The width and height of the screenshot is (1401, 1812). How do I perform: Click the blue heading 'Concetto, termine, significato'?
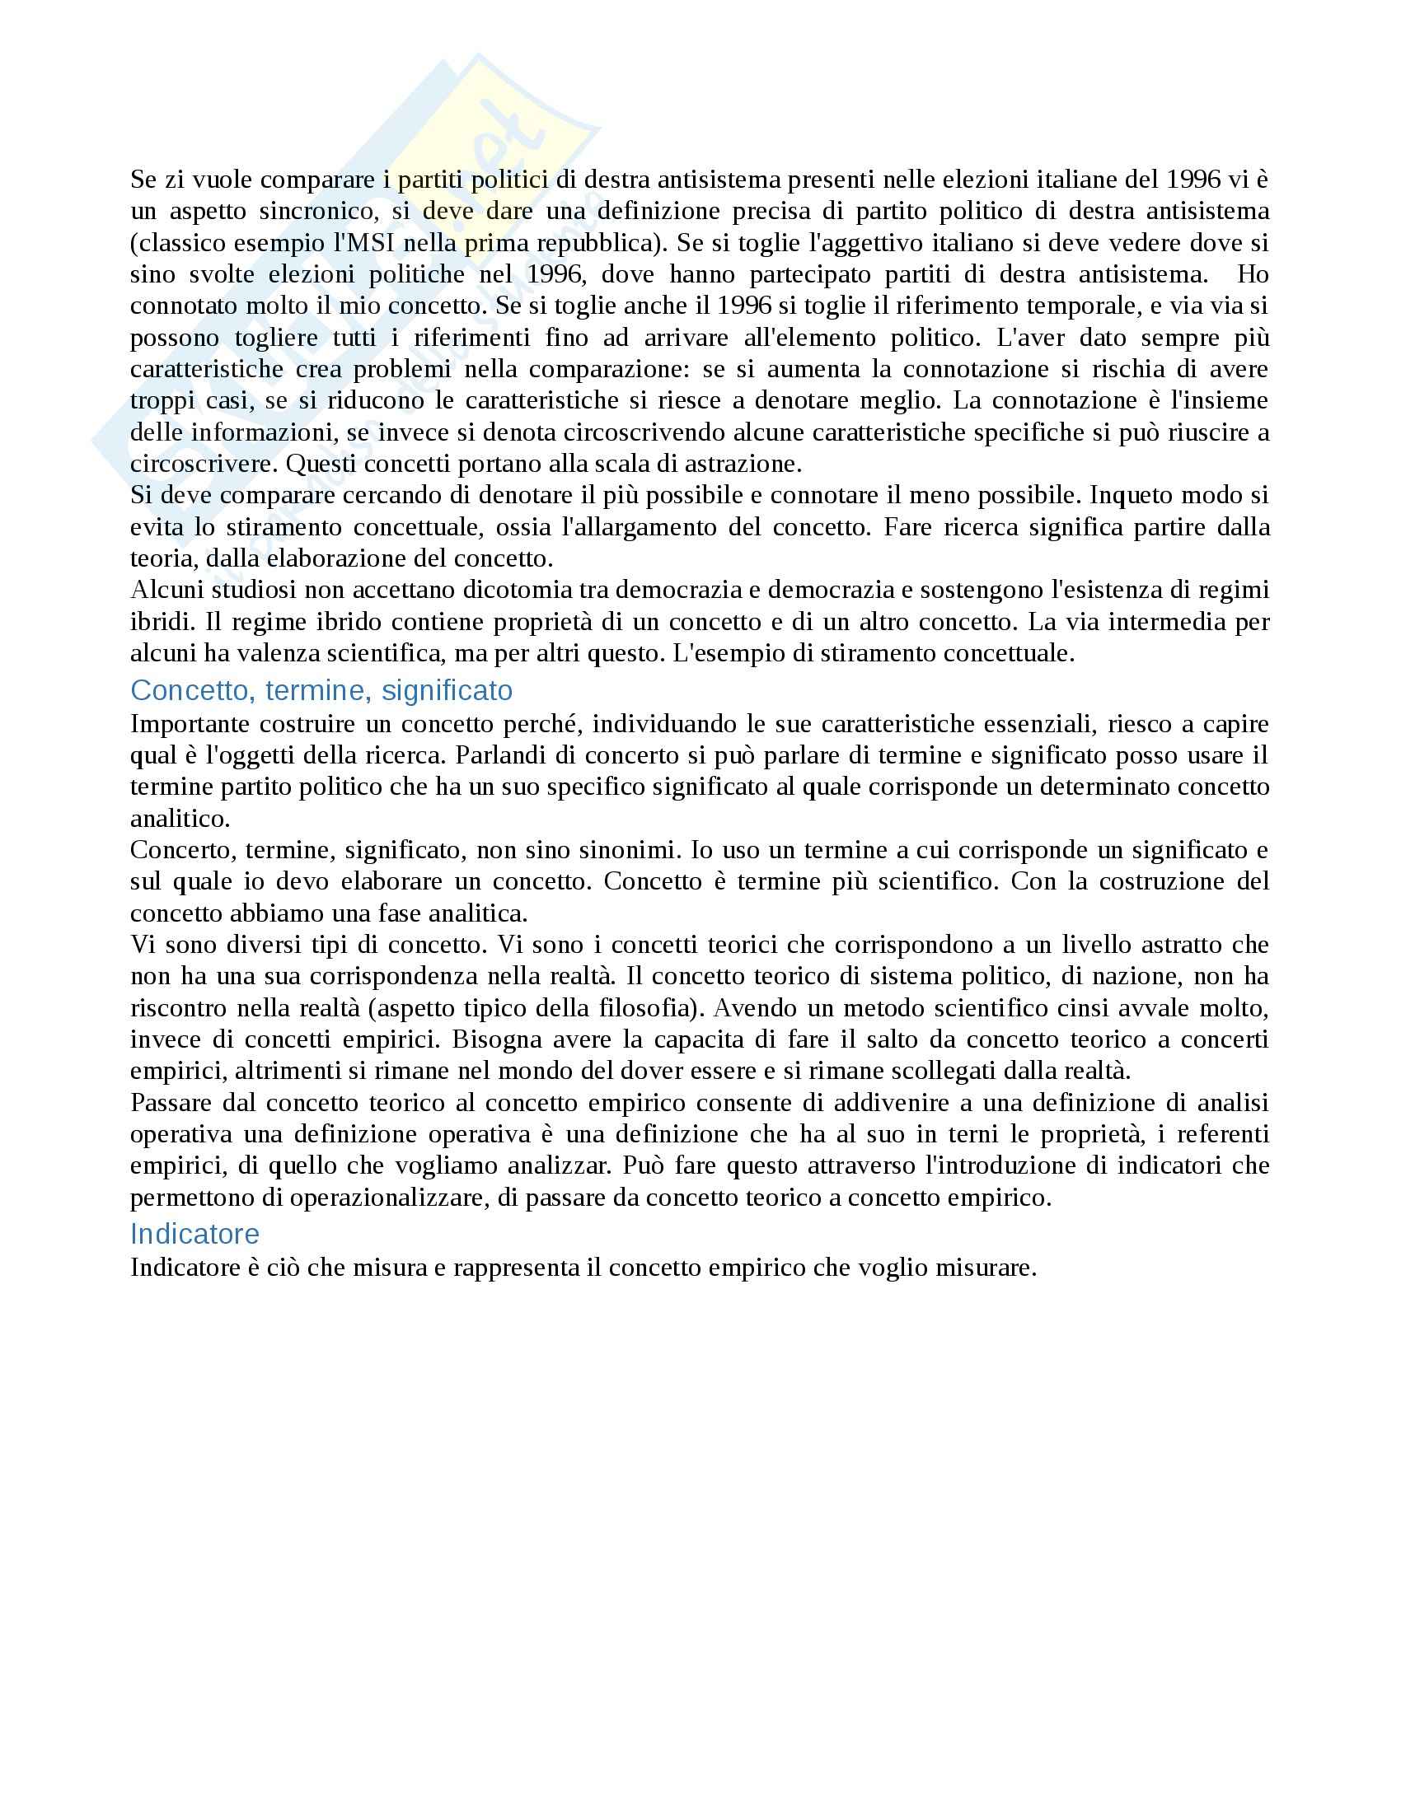pos(321,690)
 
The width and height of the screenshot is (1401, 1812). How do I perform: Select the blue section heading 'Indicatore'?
pos(194,1234)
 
